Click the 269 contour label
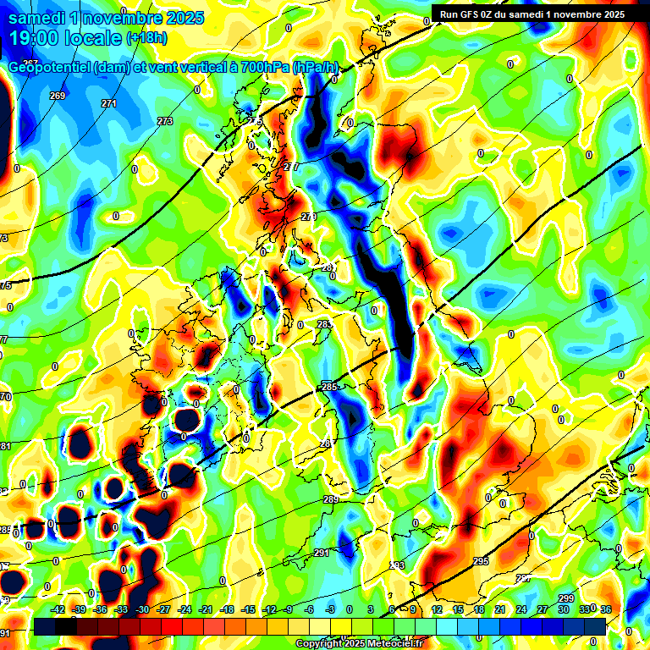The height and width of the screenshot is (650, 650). click(58, 96)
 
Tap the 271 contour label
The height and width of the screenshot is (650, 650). click(109, 103)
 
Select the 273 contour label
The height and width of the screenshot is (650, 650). click(165, 122)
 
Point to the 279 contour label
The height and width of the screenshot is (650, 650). click(309, 218)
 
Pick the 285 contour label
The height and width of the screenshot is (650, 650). click(329, 388)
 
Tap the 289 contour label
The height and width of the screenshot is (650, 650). click(331, 500)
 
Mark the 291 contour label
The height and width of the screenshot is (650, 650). click(322, 553)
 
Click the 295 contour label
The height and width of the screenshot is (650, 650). click(481, 561)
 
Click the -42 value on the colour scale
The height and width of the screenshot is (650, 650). click(58, 609)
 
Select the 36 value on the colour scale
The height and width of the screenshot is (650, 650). click(605, 609)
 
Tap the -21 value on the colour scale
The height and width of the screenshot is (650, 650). click(206, 609)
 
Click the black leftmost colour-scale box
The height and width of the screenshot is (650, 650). click(45, 626)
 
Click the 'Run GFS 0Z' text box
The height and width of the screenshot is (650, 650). click(532, 14)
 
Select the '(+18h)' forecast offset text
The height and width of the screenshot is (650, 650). click(147, 38)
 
